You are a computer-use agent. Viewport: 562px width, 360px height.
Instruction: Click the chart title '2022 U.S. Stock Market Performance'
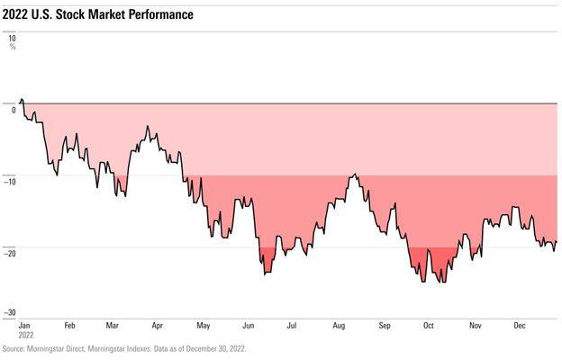[x=98, y=15]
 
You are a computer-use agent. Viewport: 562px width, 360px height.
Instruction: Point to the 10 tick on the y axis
[x=12, y=39]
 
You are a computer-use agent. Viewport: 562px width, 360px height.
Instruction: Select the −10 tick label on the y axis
[x=9, y=181]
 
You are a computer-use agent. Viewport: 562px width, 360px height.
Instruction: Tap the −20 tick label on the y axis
[x=9, y=253]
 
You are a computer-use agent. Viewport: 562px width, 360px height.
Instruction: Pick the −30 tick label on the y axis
[x=9, y=312]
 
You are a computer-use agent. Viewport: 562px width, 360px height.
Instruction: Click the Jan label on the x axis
[x=24, y=325]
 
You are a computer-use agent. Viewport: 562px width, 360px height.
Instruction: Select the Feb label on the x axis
[x=69, y=325]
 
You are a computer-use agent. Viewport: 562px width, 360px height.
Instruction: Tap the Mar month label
[x=112, y=325]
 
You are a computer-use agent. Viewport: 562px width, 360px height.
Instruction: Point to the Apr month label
[x=158, y=325]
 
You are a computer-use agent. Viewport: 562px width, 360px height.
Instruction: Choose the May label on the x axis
[x=203, y=325]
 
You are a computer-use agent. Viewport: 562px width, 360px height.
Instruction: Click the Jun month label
[x=248, y=325]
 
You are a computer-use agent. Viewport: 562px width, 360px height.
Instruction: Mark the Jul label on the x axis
[x=292, y=325]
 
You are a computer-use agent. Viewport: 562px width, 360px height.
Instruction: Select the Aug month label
[x=339, y=325]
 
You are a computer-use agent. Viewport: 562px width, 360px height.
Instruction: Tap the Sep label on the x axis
[x=385, y=325]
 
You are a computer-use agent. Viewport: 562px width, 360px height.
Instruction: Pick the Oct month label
[x=429, y=325]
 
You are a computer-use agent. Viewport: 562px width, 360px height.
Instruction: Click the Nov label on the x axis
[x=474, y=325]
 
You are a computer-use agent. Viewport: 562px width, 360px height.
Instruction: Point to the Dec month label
[x=519, y=325]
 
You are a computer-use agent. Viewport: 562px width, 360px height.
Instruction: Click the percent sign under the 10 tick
[x=13, y=47]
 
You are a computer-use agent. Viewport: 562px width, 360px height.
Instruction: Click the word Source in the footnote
[x=14, y=348]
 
